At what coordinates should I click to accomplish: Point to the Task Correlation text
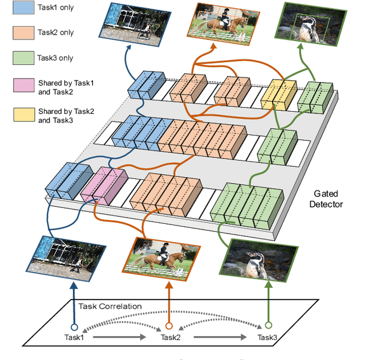point(111,306)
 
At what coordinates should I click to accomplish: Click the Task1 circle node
point(74,327)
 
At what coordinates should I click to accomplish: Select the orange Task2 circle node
point(169,326)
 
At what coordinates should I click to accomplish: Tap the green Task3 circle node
point(266,326)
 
